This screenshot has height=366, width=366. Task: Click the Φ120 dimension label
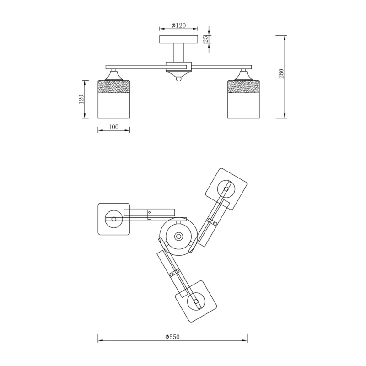point(178,25)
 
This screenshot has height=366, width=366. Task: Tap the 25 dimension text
point(205,39)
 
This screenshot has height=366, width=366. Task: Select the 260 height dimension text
point(281,74)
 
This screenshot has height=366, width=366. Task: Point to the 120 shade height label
point(81,99)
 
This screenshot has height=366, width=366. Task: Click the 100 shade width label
point(113,127)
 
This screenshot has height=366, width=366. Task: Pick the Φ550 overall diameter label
point(172,337)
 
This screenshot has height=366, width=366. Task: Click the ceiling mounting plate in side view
point(178,39)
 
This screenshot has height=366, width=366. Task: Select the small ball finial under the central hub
point(178,79)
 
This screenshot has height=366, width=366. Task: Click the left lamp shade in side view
point(113,99)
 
